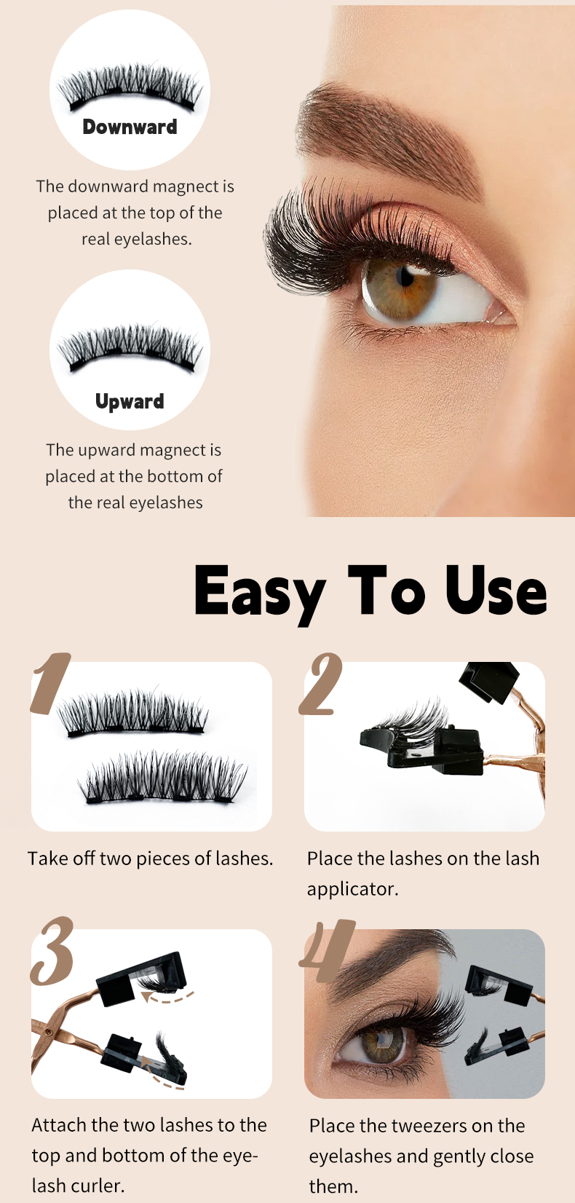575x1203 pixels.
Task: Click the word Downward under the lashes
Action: (130, 127)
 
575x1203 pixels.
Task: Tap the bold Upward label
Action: (130, 401)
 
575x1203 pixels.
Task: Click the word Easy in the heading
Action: (260, 593)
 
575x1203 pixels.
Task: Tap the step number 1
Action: (51, 683)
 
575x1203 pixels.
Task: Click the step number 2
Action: (320, 684)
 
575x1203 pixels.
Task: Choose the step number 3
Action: (52, 951)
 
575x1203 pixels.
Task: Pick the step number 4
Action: (328, 950)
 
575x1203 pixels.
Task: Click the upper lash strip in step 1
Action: (132, 712)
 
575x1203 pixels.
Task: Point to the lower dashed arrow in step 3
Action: (163, 1081)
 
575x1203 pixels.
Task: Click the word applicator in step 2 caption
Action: (352, 889)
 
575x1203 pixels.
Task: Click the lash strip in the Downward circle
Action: (130, 87)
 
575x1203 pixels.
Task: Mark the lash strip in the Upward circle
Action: (130, 349)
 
